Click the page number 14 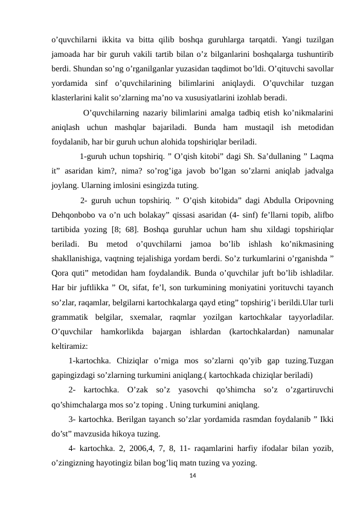[x=193, y=476]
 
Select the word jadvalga [x=317, y=170]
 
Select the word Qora [x=60, y=272]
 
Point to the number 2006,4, [x=159, y=449]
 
